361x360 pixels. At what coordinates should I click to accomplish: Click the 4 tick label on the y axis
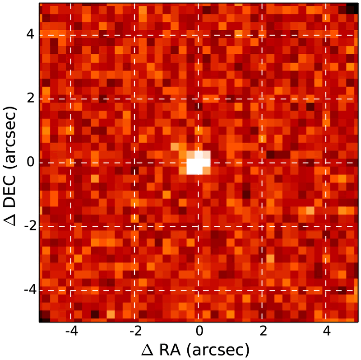31,35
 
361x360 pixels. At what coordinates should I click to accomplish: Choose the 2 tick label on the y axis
31,98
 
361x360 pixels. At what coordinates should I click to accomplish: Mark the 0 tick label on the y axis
31,162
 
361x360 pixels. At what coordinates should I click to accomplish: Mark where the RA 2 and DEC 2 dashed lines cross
262,98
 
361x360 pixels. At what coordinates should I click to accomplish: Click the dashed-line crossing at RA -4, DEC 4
71,35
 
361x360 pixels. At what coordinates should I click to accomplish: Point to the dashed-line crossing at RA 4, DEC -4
326,290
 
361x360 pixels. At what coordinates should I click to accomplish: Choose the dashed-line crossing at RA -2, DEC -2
134,226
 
